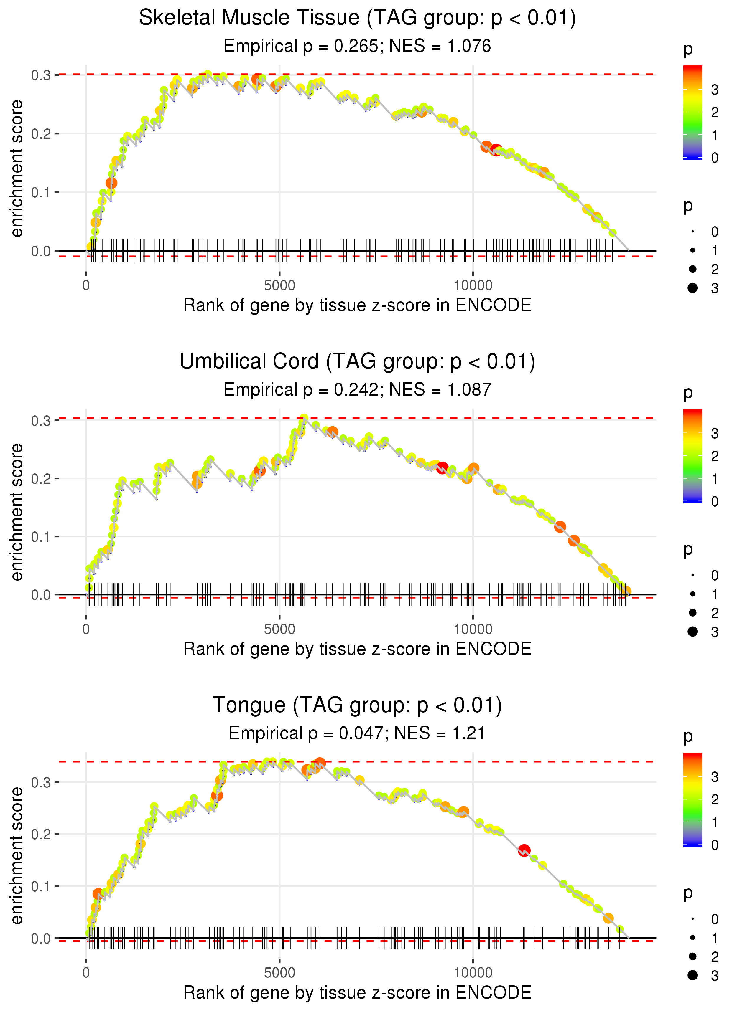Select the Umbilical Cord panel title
coord(357,362)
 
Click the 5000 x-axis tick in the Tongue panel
coord(279,972)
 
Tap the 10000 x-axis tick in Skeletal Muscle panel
coord(473,286)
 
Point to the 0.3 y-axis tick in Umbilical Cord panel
coord(41,421)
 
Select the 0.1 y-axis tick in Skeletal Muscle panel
coord(41,193)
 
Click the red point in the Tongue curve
coord(524,850)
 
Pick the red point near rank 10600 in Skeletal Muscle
coord(496,150)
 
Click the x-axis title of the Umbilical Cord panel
coord(357,649)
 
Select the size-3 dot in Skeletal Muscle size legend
coord(692,288)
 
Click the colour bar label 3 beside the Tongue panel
coord(715,777)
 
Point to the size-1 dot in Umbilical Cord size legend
coord(692,594)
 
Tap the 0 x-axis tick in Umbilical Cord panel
coord(86,629)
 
